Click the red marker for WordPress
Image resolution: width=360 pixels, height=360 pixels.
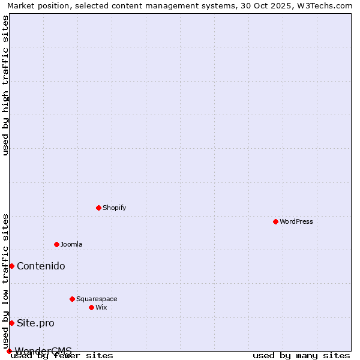275,221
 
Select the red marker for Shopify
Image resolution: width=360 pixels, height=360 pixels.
98,208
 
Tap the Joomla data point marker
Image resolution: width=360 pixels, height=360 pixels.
56,244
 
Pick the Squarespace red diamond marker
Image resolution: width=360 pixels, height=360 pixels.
72,299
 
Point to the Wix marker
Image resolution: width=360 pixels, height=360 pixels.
91,307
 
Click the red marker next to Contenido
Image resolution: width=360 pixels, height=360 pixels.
11,266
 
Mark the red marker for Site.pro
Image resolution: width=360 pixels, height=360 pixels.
11,323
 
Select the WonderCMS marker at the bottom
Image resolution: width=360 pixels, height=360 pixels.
9,351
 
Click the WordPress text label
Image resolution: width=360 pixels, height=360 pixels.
296,221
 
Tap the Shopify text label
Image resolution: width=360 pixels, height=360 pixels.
115,208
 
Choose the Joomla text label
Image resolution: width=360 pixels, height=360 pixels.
71,244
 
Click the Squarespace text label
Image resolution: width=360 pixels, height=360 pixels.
97,299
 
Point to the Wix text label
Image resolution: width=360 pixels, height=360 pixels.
101,307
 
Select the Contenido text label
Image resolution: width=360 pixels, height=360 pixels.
41,266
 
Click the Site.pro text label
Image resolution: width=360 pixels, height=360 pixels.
35,323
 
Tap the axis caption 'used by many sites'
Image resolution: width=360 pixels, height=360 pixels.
301,355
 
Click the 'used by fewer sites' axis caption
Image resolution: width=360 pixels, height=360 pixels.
62,355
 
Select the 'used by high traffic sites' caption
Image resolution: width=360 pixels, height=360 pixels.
5,85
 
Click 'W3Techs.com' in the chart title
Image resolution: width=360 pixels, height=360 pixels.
326,5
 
